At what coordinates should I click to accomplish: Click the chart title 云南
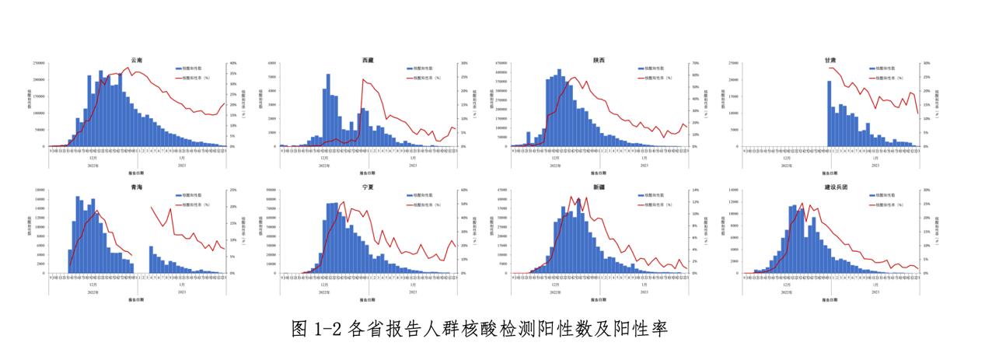click(x=137, y=60)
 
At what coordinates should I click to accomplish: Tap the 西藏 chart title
click(x=368, y=60)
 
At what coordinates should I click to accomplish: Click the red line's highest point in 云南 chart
click(x=129, y=68)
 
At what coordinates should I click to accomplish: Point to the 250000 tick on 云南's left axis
click(x=39, y=63)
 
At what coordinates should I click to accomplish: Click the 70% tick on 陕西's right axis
click(x=693, y=63)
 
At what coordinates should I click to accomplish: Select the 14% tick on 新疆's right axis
click(x=693, y=190)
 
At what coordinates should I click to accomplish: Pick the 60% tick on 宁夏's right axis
click(x=463, y=190)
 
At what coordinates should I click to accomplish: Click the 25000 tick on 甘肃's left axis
click(x=733, y=63)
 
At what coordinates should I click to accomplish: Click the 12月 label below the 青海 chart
click(x=93, y=285)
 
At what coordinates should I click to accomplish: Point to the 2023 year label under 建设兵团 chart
click(x=875, y=292)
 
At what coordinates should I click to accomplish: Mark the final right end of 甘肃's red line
click(x=918, y=114)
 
